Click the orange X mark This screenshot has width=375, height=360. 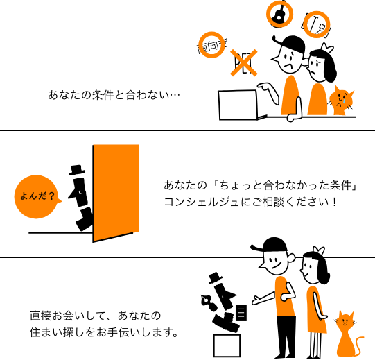click(244, 63)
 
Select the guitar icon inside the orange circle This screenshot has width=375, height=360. click(279, 13)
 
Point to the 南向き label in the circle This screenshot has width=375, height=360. click(212, 45)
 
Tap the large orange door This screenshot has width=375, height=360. click(116, 193)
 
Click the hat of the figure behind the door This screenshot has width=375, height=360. click(77, 170)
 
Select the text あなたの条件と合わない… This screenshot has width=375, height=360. click(114, 95)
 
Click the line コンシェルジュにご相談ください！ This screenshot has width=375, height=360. click(250, 202)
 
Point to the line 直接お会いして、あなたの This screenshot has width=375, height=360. click(96, 316)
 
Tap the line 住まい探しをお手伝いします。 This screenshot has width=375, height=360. click(104, 332)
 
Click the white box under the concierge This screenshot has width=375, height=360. click(227, 346)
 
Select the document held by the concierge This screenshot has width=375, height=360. click(241, 313)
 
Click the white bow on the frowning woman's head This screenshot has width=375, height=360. click(326, 49)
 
